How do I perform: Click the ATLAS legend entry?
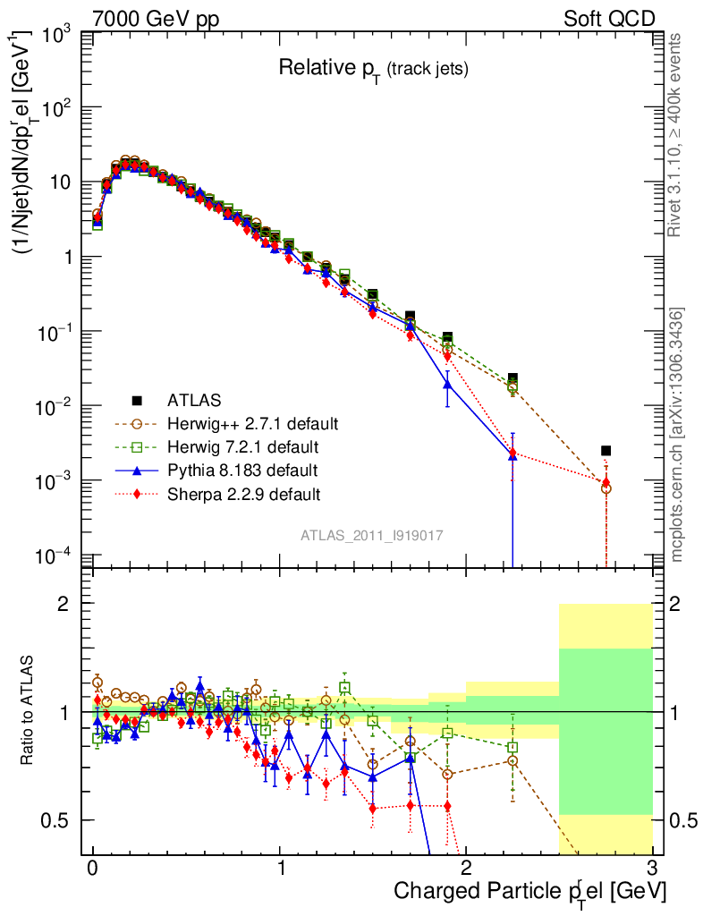coord(194,399)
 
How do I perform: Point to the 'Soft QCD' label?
coord(609,19)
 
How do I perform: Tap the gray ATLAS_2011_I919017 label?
coord(372,534)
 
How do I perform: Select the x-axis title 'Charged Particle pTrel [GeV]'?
coord(529,891)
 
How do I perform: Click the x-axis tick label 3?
coord(652,869)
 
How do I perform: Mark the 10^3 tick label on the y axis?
coord(56,37)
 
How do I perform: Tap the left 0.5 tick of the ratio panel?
coord(58,820)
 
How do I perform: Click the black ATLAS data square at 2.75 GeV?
coord(606,450)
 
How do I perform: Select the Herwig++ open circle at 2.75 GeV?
coord(606,488)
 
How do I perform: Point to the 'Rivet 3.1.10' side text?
coord(677,135)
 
